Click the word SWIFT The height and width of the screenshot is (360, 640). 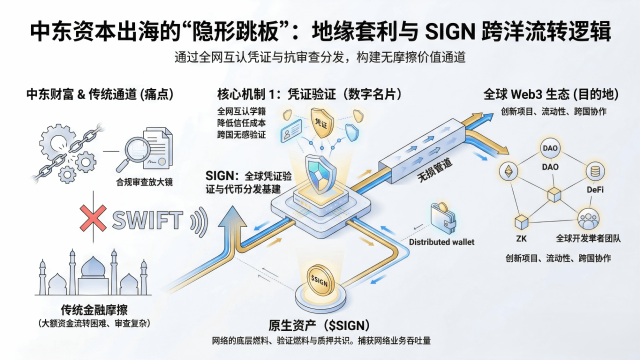pos(148,220)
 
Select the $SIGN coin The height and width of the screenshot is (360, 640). pos(320,281)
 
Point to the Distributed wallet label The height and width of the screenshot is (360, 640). pos(441,242)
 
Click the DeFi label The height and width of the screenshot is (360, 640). pos(595,190)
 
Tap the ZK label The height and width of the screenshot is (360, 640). pos(521,238)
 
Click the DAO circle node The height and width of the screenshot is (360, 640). pos(549,148)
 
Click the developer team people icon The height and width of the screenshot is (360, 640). pos(587,219)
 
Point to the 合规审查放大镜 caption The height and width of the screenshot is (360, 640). pos(141,182)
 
